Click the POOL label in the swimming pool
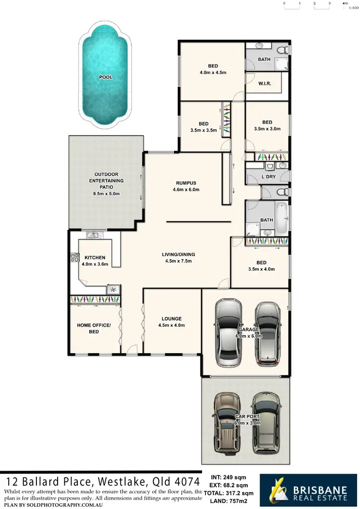click(106, 77)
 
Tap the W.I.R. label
click(264, 83)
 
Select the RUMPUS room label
click(186, 183)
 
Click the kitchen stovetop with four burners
click(74, 257)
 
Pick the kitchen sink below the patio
click(93, 235)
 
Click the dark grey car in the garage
click(268, 332)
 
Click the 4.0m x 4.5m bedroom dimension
click(213, 73)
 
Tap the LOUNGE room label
click(171, 319)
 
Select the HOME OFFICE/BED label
click(94, 328)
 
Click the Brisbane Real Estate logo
click(307, 490)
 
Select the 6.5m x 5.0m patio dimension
click(106, 193)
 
